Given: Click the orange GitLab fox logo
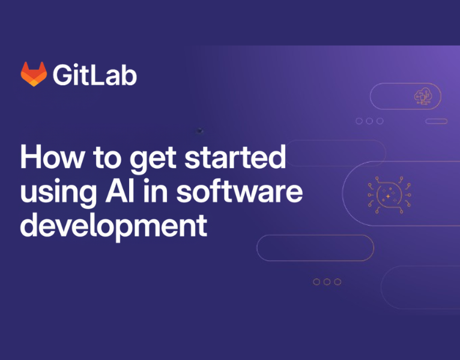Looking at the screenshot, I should point(34,74).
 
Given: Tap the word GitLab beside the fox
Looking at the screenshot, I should point(94,74).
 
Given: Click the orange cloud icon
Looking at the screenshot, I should point(423,97).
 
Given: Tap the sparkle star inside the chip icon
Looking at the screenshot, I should point(389,196).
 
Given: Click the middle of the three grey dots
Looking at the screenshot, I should point(369,121).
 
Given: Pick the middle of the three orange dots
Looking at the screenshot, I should point(327,281).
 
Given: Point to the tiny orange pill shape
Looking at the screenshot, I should point(436,121).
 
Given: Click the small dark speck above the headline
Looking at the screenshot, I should point(200,130).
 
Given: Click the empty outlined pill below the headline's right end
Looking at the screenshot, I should point(315,248).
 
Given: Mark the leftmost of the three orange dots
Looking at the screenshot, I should point(316,281).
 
